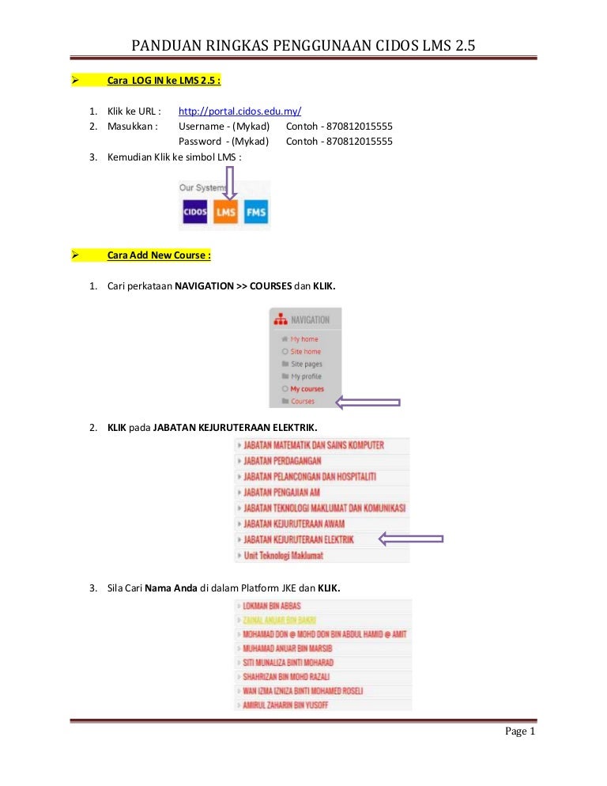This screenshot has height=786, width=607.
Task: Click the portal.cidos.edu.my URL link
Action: pyautogui.click(x=240, y=111)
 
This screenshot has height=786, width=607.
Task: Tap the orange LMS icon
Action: pyautogui.click(x=225, y=212)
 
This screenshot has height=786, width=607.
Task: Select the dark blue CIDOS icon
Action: pyautogui.click(x=194, y=212)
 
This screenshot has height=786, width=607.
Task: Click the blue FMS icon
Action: pyautogui.click(x=256, y=212)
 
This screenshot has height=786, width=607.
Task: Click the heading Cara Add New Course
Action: pyautogui.click(x=159, y=255)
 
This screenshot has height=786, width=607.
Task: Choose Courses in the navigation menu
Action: pyautogui.click(x=302, y=402)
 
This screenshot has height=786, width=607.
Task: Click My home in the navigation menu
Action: pyautogui.click(x=303, y=339)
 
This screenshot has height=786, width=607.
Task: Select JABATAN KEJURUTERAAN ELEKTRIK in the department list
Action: pyautogui.click(x=299, y=540)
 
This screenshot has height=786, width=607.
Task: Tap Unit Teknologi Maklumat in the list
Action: pyautogui.click(x=283, y=556)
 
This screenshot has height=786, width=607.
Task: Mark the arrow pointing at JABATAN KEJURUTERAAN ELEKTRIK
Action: pyautogui.click(x=410, y=540)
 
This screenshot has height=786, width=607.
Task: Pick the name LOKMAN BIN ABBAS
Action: pyautogui.click(x=271, y=606)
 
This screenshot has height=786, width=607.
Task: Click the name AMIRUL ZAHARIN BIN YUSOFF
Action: pyautogui.click(x=285, y=705)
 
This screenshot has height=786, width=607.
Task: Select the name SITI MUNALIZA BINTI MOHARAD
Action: pyautogui.click(x=288, y=663)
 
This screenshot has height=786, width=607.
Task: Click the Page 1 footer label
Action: pyautogui.click(x=520, y=731)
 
